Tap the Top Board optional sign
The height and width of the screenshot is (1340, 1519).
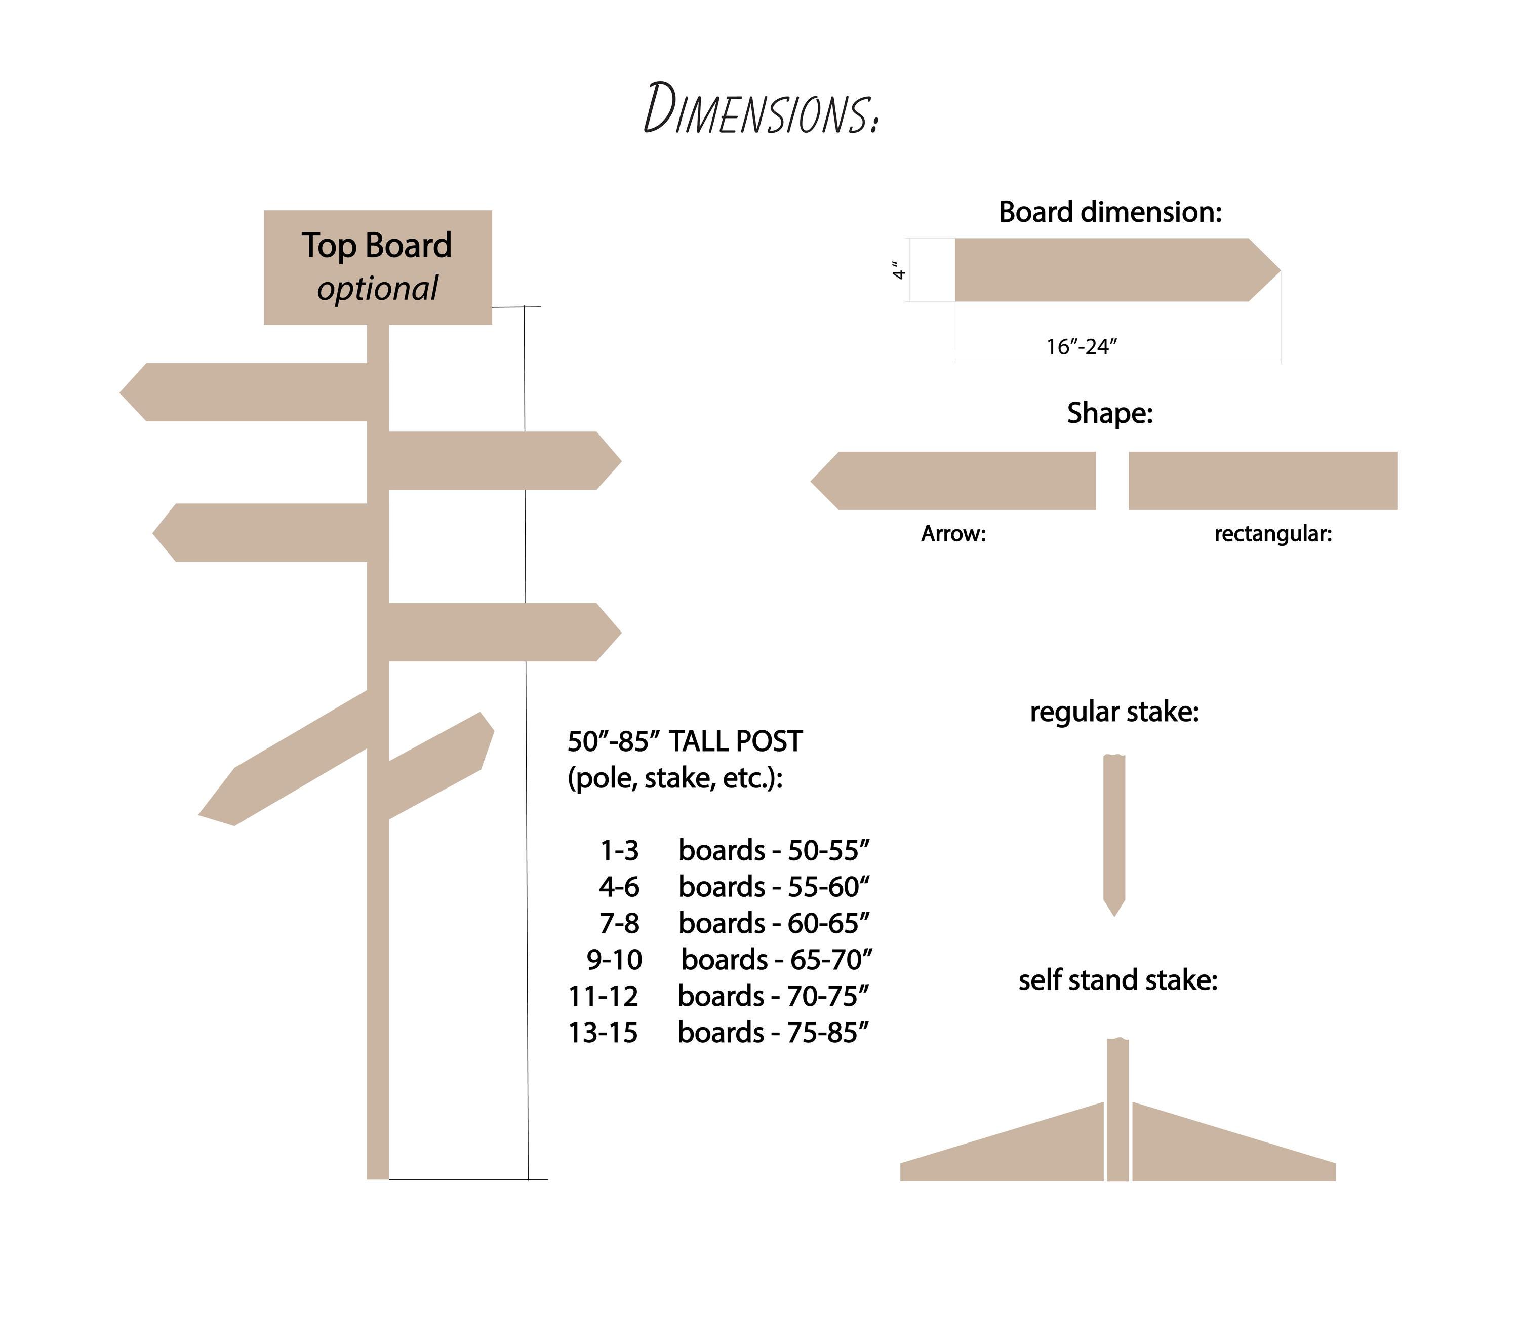click(378, 267)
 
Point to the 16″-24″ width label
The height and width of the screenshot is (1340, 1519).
click(1082, 347)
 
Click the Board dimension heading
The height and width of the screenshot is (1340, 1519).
click(1110, 213)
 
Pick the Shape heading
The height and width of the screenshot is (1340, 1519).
click(1110, 413)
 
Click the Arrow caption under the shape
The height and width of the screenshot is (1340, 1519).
click(953, 534)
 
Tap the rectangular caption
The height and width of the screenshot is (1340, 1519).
click(1273, 534)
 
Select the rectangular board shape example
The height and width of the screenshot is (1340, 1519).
click(1263, 481)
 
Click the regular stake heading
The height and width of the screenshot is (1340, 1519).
click(1114, 712)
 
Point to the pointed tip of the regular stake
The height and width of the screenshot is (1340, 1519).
click(1114, 916)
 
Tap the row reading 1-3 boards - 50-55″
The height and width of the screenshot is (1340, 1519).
click(734, 850)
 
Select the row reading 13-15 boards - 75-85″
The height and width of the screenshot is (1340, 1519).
click(718, 1032)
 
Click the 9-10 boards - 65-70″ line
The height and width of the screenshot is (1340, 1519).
click(729, 960)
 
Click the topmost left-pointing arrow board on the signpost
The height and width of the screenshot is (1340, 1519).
click(244, 392)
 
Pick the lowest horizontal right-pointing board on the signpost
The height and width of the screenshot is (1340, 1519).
click(505, 633)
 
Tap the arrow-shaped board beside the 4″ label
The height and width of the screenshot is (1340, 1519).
click(1117, 270)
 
